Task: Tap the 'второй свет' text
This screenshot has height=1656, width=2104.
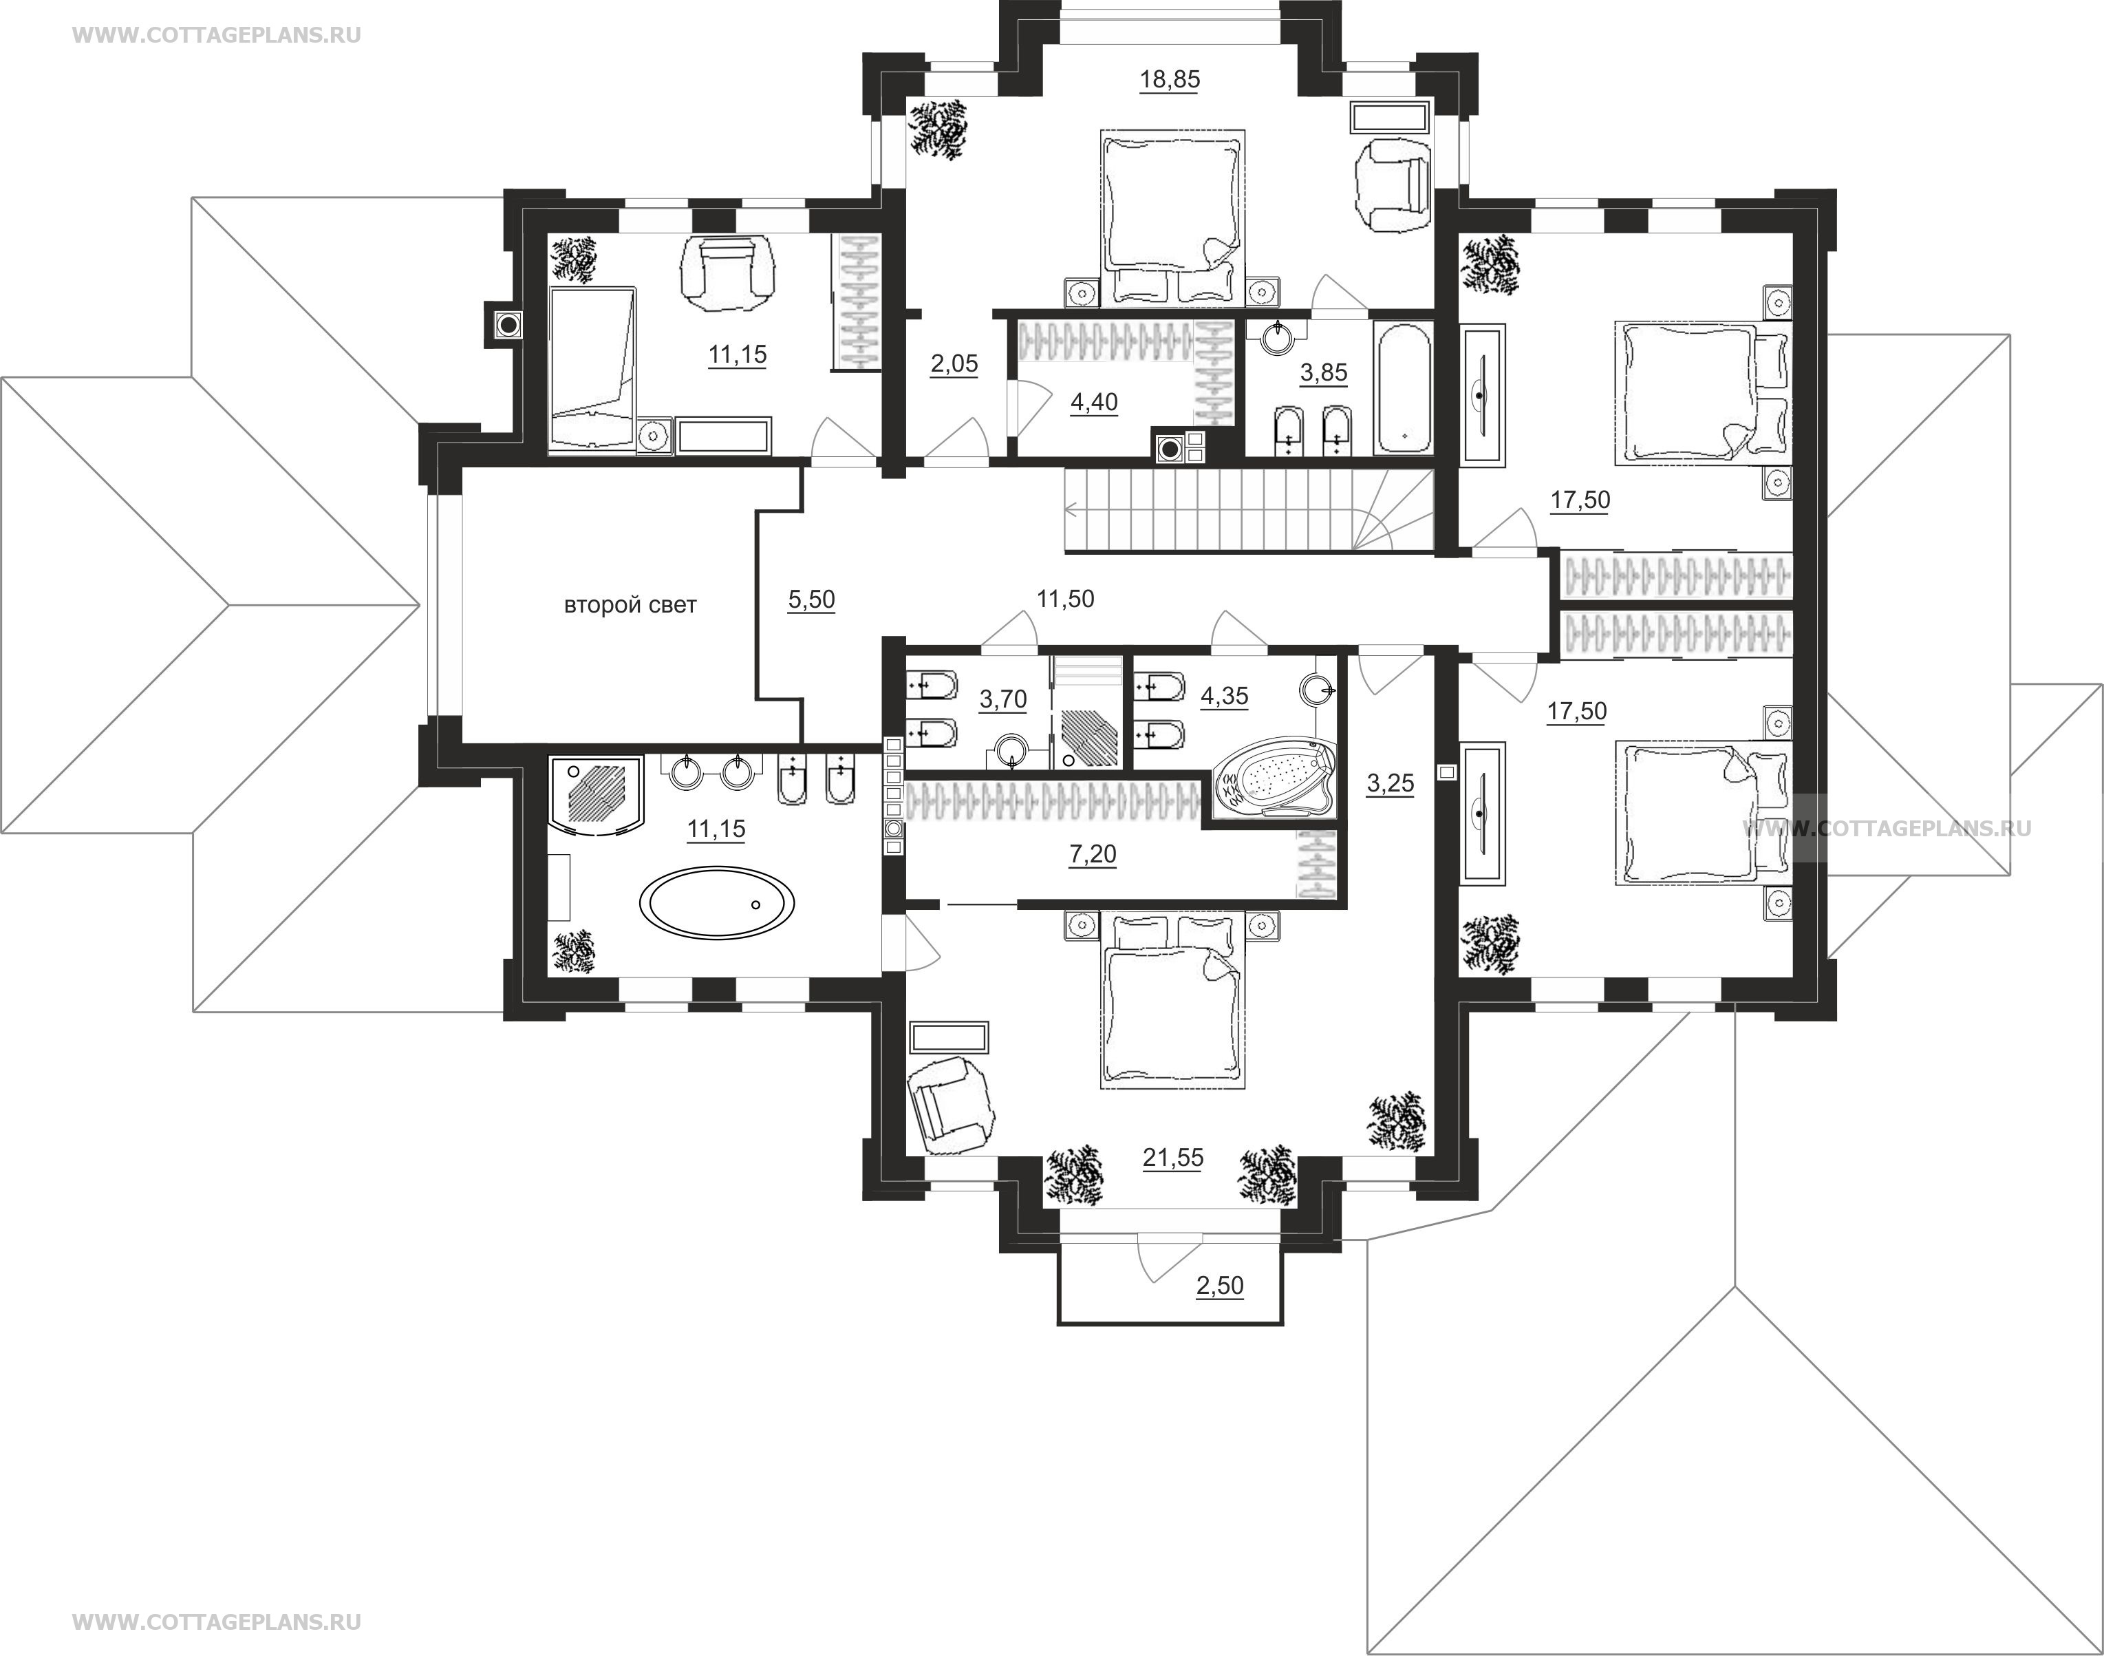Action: tap(630, 605)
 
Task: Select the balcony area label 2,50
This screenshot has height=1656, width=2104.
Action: tap(1219, 1286)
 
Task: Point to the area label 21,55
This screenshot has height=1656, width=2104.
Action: tap(1172, 1157)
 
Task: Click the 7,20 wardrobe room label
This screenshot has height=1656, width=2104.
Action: tap(1092, 854)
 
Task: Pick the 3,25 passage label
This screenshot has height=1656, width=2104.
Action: tap(1390, 783)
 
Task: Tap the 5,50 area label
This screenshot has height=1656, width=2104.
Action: tap(811, 599)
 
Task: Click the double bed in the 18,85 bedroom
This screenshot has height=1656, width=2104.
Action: tap(1172, 218)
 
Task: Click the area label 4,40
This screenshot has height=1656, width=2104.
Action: tap(1094, 401)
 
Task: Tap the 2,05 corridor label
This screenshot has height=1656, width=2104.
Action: tap(954, 363)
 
